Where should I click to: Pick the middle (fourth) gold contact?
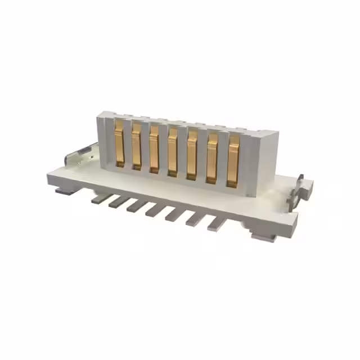click(173, 153)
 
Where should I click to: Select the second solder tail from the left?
click(118, 201)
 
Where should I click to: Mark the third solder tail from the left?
click(136, 206)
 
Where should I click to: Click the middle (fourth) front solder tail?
click(155, 210)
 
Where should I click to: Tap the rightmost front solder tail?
click(217, 224)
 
